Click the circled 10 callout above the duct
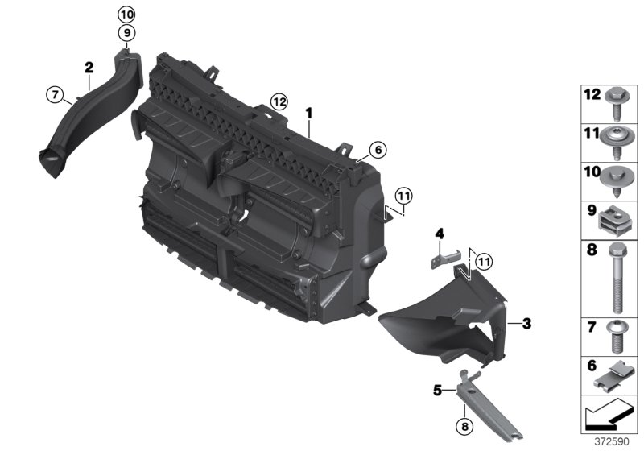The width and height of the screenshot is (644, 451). click(x=126, y=15)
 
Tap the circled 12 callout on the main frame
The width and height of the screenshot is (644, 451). click(x=279, y=101)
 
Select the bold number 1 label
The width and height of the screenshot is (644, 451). click(x=308, y=114)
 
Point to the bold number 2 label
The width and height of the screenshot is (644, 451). click(x=89, y=68)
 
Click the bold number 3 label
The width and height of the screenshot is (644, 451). click(x=526, y=323)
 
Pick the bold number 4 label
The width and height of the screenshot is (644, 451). click(x=440, y=234)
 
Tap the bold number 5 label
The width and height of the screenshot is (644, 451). click(x=438, y=391)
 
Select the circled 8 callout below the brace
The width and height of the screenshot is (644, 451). click(x=464, y=427)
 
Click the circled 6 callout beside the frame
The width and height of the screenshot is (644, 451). click(x=378, y=150)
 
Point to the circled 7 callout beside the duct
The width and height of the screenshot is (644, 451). click(x=55, y=95)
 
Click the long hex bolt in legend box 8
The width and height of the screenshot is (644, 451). click(x=616, y=278)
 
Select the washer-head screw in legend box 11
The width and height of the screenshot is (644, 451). click(x=615, y=142)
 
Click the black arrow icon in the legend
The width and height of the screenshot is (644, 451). click(x=606, y=415)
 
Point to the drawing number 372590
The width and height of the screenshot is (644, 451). click(x=612, y=442)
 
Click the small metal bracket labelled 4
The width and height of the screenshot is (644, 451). click(x=446, y=259)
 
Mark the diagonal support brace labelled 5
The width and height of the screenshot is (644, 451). click(x=488, y=404)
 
